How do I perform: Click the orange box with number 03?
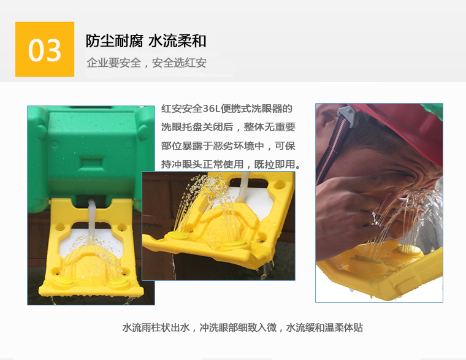pos(45,49)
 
